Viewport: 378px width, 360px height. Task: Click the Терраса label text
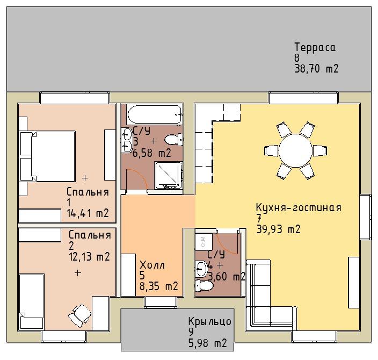[315, 47]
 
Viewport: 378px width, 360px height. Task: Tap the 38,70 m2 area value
[317, 69]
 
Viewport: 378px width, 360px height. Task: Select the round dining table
[296, 150]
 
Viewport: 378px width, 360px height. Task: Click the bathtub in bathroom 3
[155, 115]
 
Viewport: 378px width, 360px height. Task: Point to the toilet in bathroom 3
[173, 140]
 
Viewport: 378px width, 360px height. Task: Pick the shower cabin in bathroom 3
[169, 175]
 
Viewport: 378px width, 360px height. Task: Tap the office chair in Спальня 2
[80, 315]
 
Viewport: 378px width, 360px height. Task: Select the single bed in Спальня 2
[32, 301]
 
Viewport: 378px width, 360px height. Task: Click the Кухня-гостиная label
[299, 207]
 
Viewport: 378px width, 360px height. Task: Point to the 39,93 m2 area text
[279, 229]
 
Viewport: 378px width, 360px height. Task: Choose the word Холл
[152, 265]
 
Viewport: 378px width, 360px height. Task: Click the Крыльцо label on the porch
[210, 321]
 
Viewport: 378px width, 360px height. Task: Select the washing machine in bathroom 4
[203, 242]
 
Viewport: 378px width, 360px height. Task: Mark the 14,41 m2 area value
[88, 213]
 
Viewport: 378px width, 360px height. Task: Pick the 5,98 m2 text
[208, 343]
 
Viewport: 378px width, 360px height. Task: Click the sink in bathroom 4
[201, 269]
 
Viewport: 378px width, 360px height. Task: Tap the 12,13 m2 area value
[90, 256]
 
